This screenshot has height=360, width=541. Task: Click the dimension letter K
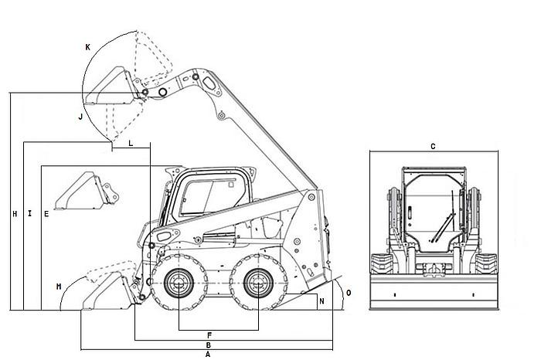point(87,47)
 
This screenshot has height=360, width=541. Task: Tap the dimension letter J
point(80,117)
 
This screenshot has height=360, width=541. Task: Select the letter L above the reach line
point(131,143)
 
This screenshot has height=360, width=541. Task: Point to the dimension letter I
point(30,213)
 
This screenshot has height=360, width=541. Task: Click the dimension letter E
point(46,214)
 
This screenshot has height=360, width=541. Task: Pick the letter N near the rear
point(322,301)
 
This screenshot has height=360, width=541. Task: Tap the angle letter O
point(349,293)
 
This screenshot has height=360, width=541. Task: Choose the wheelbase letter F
point(209,335)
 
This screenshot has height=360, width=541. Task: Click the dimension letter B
point(209,345)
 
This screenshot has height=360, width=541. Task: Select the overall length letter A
point(208,354)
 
